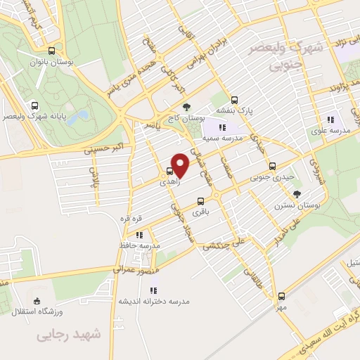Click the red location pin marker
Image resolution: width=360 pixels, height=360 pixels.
pos(180,165)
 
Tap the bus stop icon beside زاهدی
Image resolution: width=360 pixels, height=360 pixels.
pos(170,172)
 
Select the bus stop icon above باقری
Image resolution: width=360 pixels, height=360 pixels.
pos(201,201)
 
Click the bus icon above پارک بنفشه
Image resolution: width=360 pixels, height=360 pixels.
pos(235,99)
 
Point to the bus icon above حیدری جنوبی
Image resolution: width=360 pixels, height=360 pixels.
pos(272,167)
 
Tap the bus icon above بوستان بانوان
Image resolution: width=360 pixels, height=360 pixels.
pos(51,51)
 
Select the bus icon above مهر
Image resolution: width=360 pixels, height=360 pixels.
pos(281,296)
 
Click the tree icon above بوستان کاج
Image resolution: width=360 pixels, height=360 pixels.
pos(186,108)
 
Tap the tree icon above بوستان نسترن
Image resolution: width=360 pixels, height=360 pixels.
pos(297,193)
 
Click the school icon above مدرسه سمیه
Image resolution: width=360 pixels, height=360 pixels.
pos(222,127)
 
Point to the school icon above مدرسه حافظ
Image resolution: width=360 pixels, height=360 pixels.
pos(139,235)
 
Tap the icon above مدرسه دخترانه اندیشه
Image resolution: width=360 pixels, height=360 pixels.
pos(154,288)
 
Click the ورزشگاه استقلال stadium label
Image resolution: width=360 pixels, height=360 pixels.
pos(39,311)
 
